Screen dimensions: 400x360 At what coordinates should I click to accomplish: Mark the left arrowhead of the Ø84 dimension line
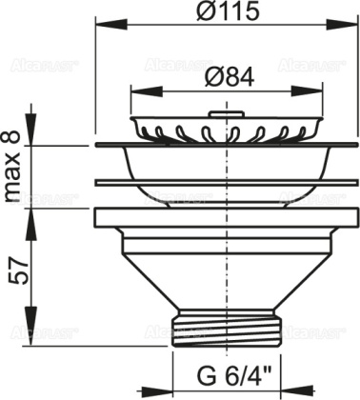(133, 90)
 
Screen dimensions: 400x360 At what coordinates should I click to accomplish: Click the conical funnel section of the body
(226, 271)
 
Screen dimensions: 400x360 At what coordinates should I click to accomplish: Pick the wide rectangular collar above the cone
(226, 217)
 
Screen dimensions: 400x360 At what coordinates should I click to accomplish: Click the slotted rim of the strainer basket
(226, 129)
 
